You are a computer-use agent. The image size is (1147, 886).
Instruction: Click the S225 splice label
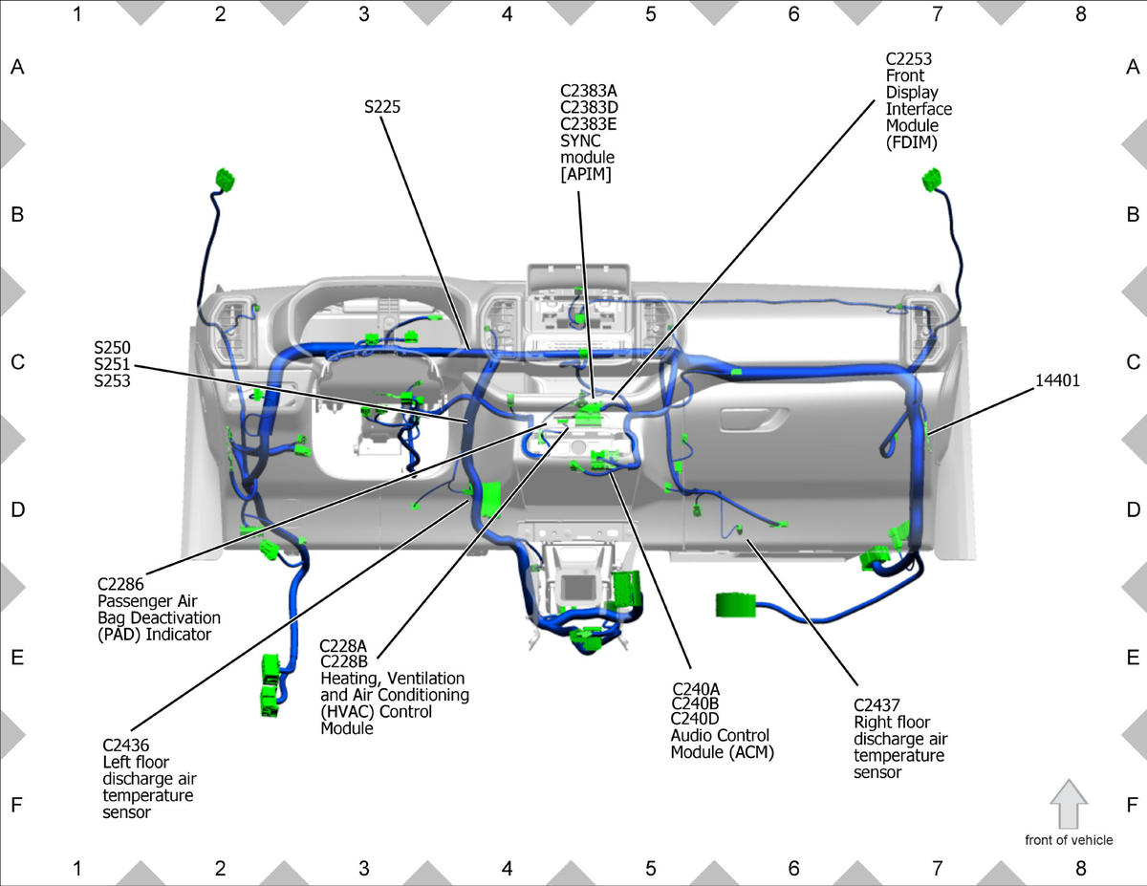pyautogui.click(x=382, y=107)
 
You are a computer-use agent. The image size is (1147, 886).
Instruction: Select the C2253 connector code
pyautogui.click(x=908, y=58)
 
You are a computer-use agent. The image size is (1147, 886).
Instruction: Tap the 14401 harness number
pyautogui.click(x=1057, y=380)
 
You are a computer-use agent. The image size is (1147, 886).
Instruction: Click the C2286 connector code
pyautogui.click(x=120, y=584)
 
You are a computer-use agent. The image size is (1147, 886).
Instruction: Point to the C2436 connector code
pyautogui.click(x=125, y=746)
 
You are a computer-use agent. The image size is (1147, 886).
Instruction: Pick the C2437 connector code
pyautogui.click(x=876, y=705)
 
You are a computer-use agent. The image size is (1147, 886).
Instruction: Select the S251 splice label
pyautogui.click(x=112, y=364)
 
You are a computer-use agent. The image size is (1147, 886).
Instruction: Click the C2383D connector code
pyautogui.click(x=589, y=108)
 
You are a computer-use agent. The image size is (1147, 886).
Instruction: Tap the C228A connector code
pyautogui.click(x=343, y=646)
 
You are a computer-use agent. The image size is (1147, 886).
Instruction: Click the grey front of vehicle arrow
pyautogui.click(x=1069, y=804)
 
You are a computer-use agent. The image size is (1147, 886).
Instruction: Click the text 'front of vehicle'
pyautogui.click(x=1069, y=840)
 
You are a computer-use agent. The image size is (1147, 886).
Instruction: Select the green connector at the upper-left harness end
pyautogui.click(x=226, y=180)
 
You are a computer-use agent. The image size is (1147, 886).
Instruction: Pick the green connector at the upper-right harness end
pyautogui.click(x=932, y=180)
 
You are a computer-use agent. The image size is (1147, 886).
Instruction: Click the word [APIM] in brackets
pyautogui.click(x=586, y=174)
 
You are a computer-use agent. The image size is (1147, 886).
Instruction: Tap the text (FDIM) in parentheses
pyautogui.click(x=912, y=142)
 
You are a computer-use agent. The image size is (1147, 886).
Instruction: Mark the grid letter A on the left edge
pyautogui.click(x=17, y=67)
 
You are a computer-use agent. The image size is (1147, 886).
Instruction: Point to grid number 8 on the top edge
pyautogui.click(x=1080, y=14)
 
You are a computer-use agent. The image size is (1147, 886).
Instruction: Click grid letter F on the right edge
pyautogui.click(x=1133, y=805)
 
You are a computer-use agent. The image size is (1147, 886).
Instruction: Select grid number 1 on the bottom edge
pyautogui.click(x=77, y=868)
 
